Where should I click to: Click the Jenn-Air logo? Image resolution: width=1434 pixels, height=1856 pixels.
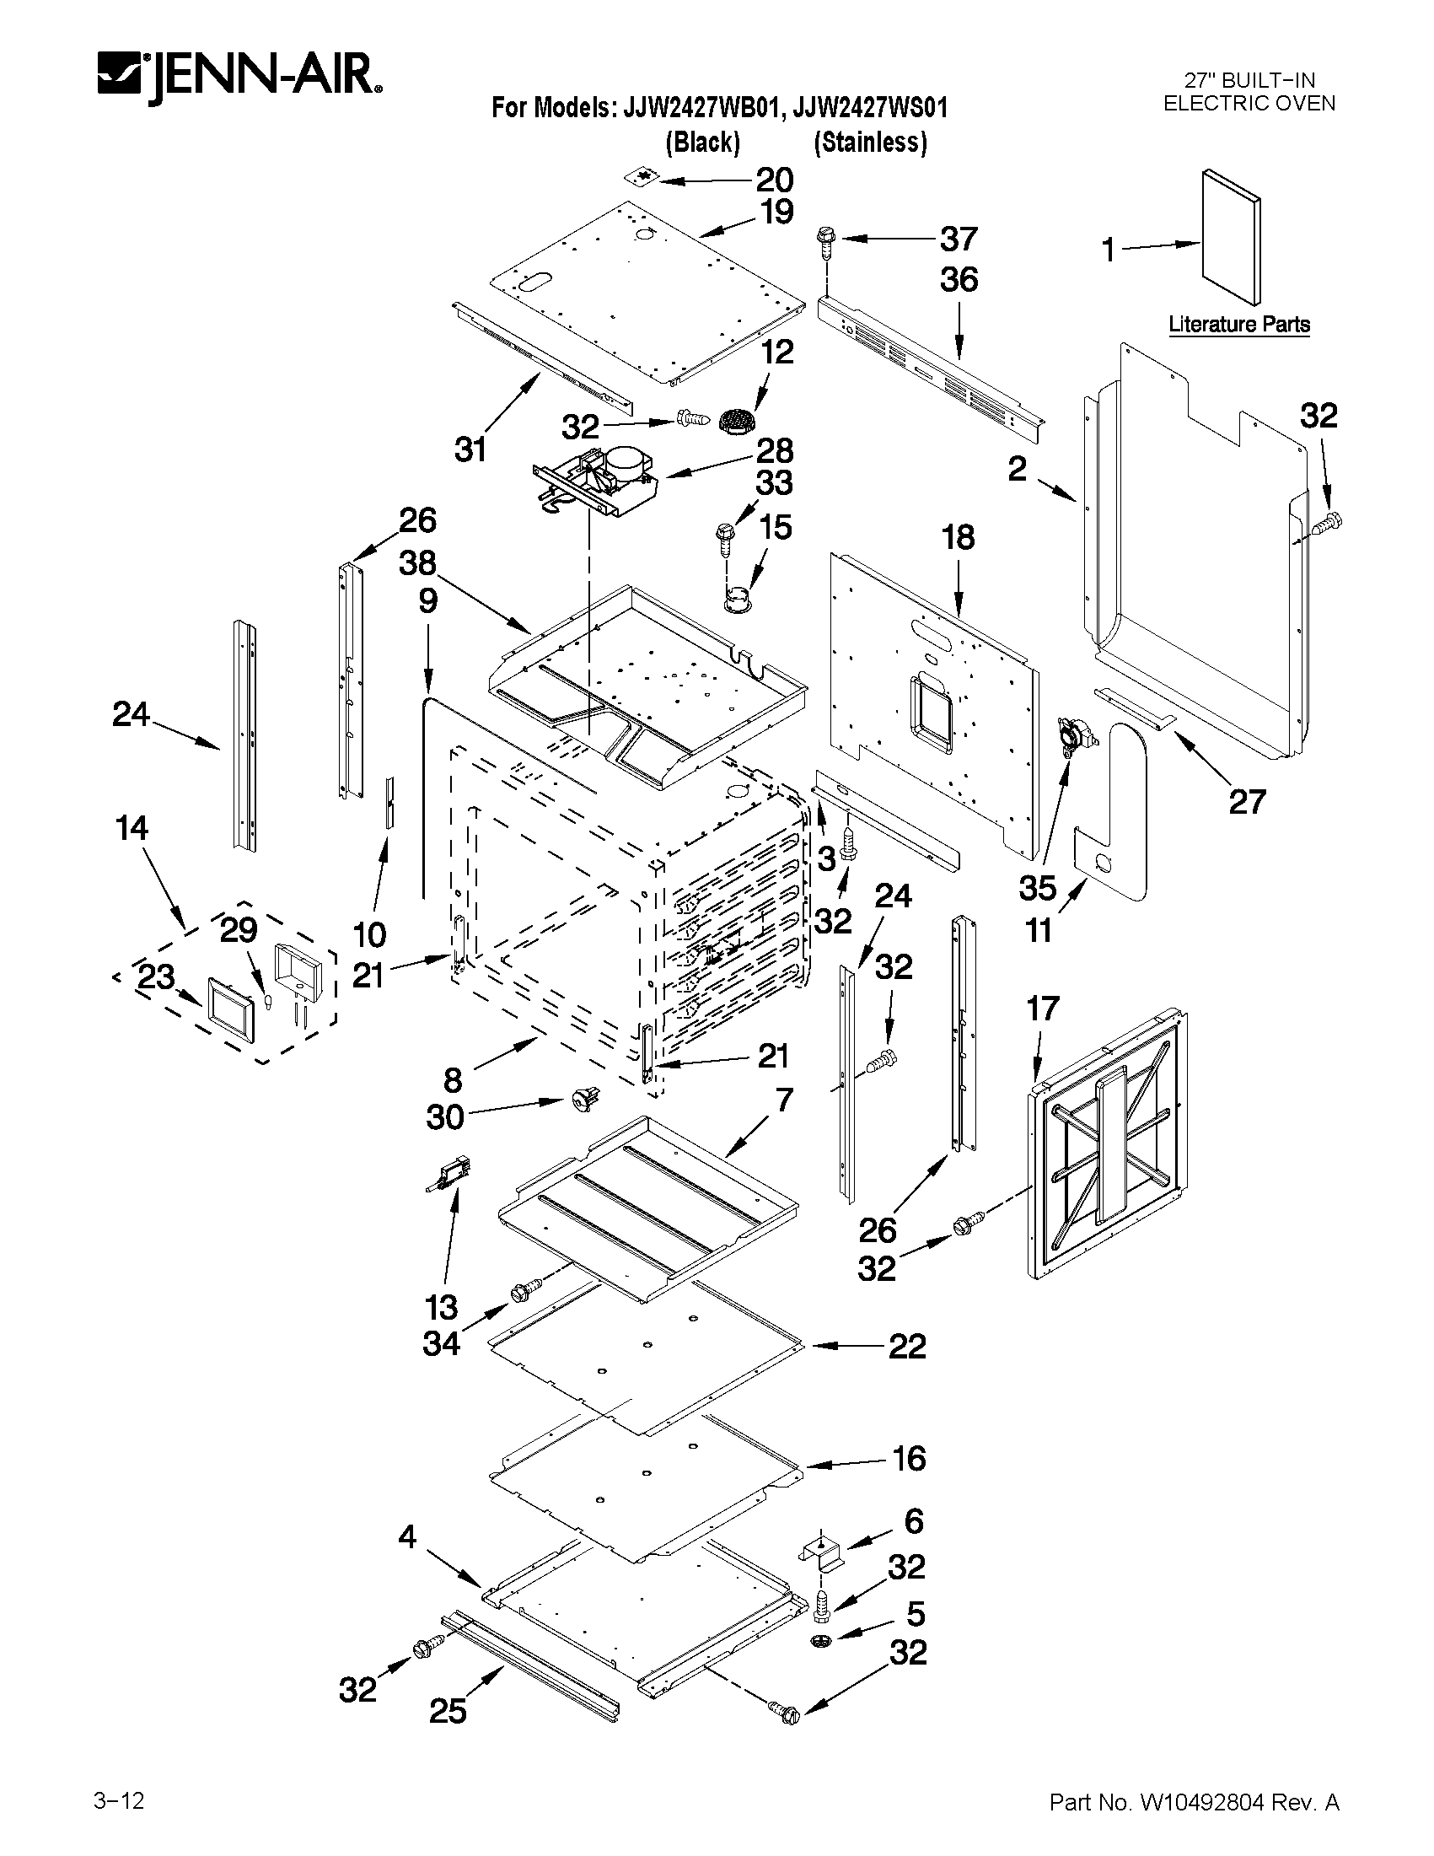239,78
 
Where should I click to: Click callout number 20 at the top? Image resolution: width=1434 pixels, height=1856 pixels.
774,180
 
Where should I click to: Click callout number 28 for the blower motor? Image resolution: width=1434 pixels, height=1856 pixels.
774,450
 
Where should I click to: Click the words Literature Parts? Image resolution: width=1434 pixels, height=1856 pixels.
1238,324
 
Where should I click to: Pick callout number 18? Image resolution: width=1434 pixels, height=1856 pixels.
958,537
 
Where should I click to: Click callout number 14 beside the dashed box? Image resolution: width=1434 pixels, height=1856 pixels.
132,828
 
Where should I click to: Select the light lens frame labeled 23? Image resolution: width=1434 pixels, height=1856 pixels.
229,1007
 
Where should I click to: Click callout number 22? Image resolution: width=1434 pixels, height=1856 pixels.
906,1346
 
